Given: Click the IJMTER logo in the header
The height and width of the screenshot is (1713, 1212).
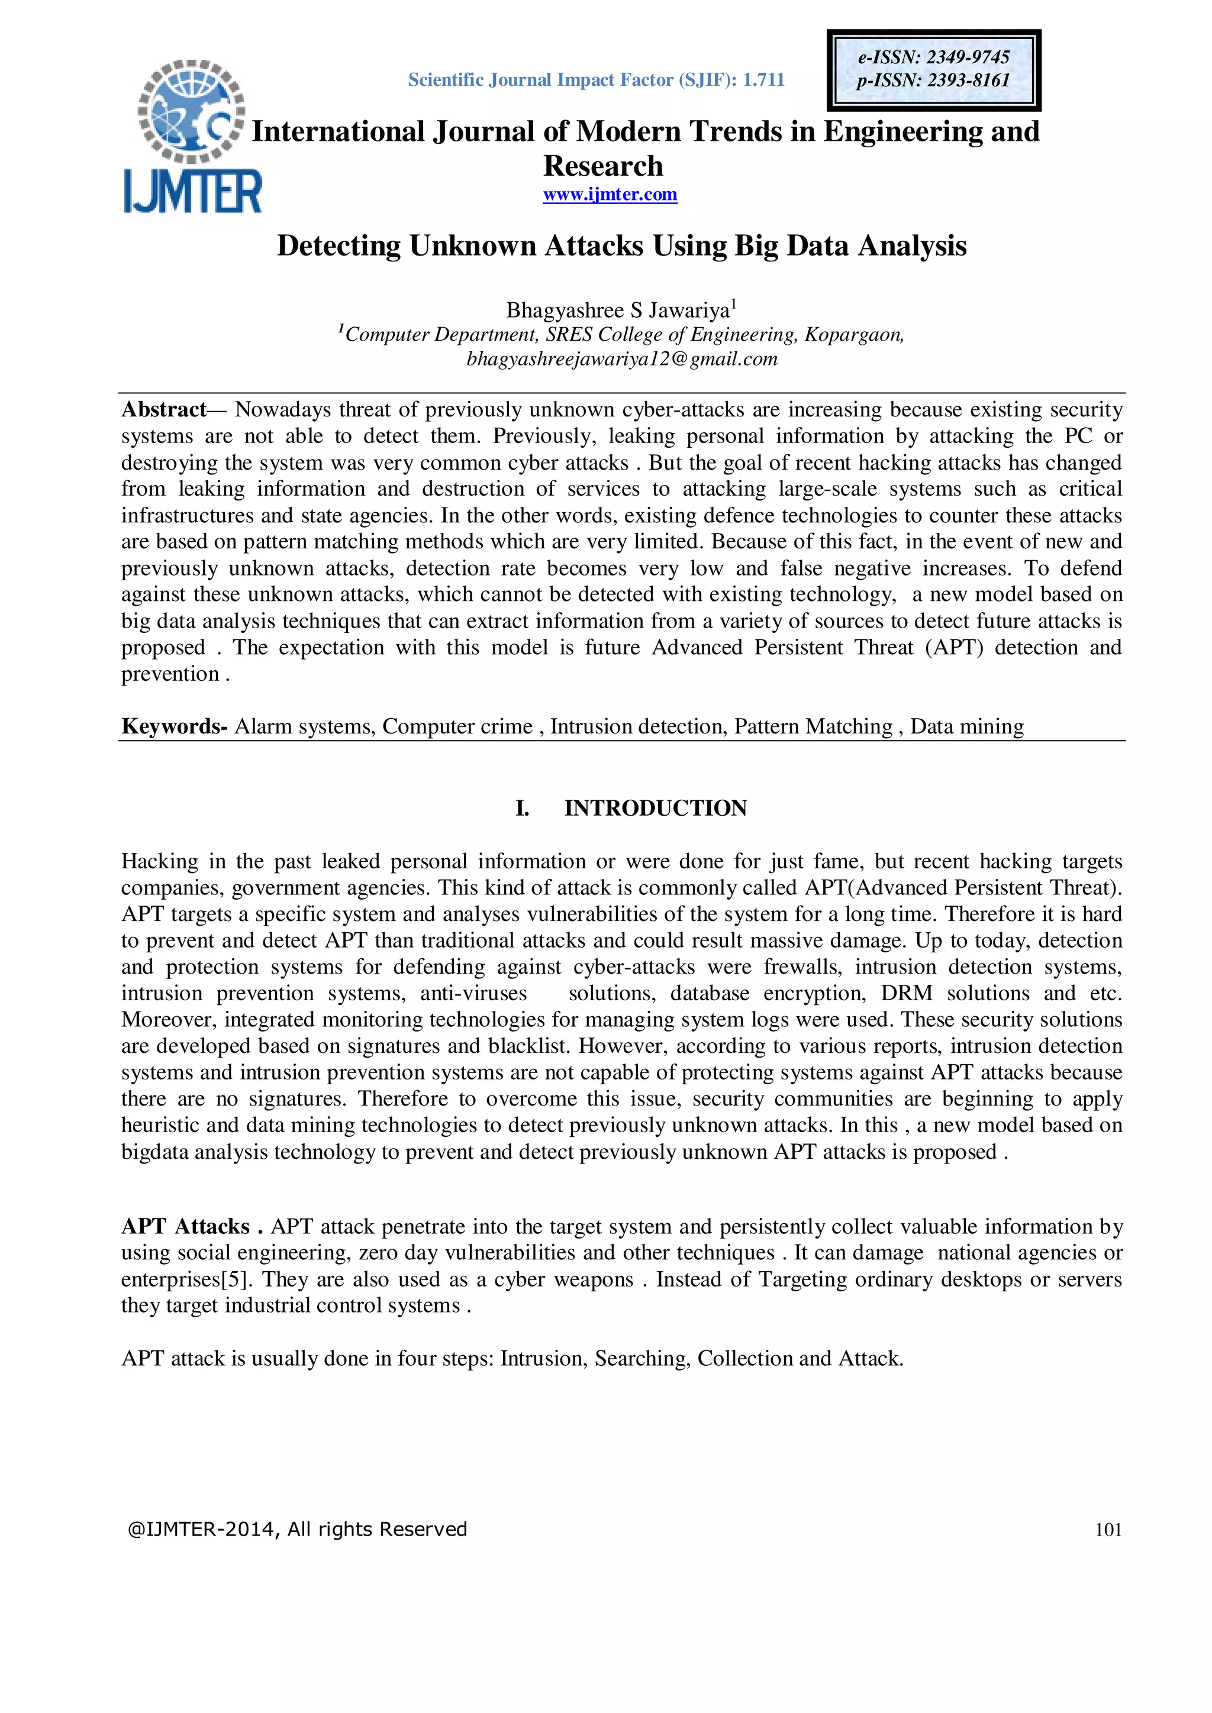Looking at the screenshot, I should pos(192,137).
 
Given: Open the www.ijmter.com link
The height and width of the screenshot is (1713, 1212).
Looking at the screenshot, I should pos(610,195).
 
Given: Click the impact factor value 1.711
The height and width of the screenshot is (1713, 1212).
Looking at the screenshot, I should pos(763,80).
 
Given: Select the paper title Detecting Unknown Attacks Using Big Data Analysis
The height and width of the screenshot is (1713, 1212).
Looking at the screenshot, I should pos(621,245).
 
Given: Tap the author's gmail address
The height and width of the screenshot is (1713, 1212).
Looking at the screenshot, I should pos(621,359).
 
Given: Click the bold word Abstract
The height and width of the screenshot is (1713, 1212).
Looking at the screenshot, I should pos(163,409).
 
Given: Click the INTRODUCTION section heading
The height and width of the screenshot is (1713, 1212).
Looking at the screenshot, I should pos(655,808).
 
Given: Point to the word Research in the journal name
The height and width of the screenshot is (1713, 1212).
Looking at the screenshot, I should pos(603,166).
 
